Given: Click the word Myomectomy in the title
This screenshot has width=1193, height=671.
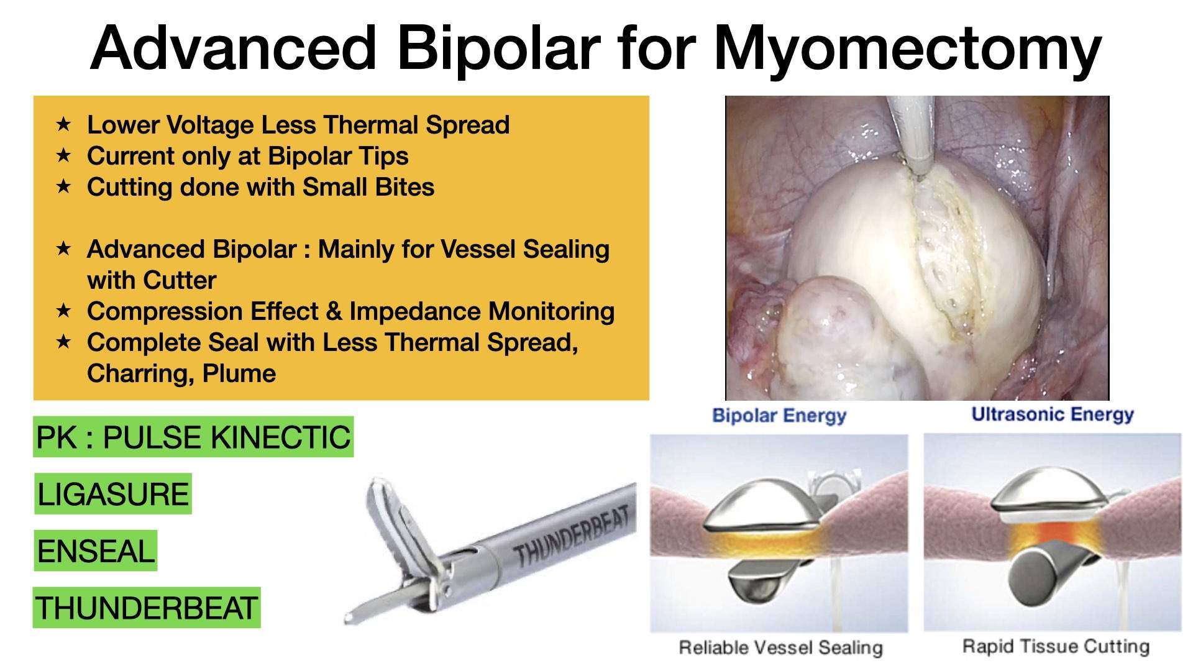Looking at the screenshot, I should click(908, 48).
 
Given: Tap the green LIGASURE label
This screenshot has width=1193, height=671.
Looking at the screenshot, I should click(112, 495).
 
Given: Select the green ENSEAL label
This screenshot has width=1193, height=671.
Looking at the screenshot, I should click(96, 551).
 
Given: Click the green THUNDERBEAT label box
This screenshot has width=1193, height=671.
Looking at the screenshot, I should click(147, 608).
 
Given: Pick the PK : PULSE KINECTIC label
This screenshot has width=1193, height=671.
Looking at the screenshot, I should click(193, 437).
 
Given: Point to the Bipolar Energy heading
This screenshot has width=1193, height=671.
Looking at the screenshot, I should click(779, 416).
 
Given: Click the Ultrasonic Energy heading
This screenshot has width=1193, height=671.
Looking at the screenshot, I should click(1053, 414).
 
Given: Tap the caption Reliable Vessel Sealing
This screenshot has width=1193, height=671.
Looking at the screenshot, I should click(780, 647).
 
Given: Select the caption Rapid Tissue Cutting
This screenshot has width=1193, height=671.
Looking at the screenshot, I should click(1056, 646).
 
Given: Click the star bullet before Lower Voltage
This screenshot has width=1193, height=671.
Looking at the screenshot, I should click(63, 125).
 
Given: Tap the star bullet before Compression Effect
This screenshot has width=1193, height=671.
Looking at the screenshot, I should click(63, 311).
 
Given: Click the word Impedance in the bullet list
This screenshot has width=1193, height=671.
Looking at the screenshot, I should click(411, 311).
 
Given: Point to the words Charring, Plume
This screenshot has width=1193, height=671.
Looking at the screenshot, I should click(181, 373).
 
